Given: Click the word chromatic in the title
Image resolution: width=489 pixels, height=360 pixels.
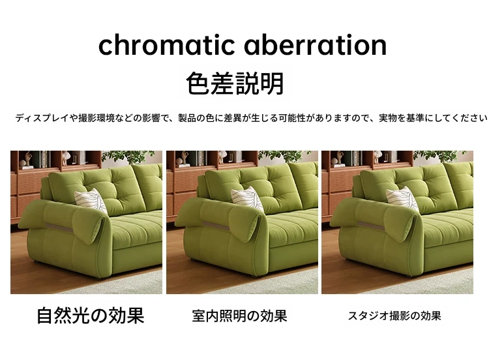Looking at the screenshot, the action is [166, 45].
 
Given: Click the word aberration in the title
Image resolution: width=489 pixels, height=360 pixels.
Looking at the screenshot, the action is [316, 45].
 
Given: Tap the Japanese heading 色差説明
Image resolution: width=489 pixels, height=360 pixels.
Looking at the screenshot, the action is [235, 83].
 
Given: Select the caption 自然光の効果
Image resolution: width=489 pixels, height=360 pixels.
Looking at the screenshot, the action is [91, 316].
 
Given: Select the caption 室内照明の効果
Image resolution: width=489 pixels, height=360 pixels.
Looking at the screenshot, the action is [239, 316].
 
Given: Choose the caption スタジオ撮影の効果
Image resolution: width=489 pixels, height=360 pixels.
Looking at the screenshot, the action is [394, 316].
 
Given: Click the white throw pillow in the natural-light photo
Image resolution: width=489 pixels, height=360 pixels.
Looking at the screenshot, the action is [91, 201].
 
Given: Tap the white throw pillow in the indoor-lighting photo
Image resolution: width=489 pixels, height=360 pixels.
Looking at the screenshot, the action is [248, 199].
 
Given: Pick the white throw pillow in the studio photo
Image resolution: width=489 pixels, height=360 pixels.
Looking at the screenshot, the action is [402, 199].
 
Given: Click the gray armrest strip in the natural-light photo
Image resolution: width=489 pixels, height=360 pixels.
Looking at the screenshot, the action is [59, 228].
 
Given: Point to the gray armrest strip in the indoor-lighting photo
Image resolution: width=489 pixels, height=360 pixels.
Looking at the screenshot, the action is [216, 226].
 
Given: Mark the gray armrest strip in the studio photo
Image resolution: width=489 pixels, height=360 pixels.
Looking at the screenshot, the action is [370, 226].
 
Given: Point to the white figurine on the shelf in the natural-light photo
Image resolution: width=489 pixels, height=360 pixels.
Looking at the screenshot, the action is [65, 158].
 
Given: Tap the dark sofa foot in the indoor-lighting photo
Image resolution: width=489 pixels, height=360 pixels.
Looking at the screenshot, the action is [253, 276].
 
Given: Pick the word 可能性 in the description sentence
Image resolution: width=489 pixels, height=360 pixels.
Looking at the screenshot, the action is [292, 118].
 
